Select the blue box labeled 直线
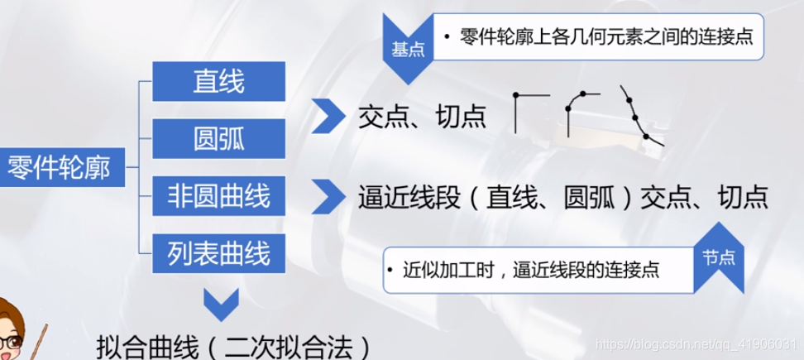[219, 80]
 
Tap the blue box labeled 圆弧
[219, 138]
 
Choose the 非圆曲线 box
[219, 197]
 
